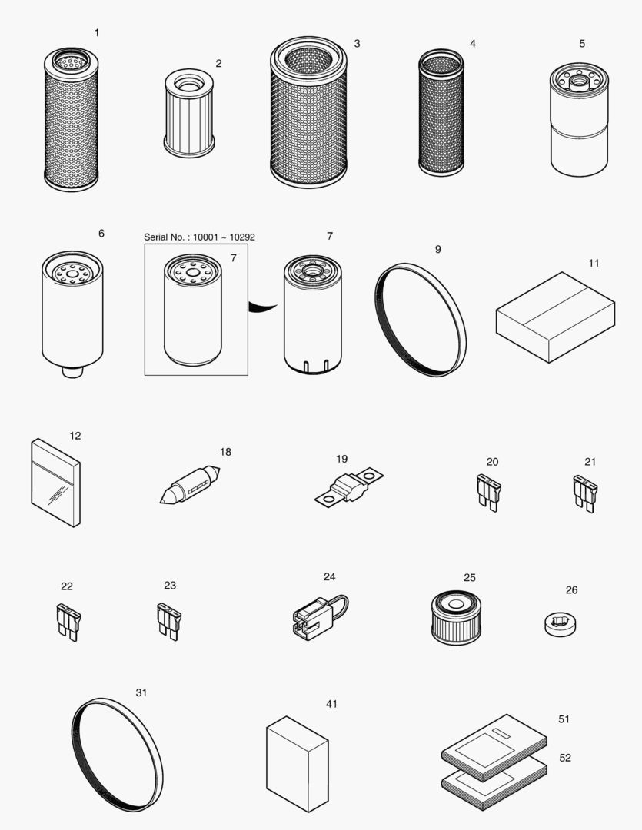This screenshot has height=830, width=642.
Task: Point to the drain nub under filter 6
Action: [x=71, y=371]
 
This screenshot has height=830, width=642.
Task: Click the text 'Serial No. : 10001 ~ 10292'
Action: [x=199, y=237]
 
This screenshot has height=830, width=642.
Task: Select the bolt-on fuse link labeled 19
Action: [x=349, y=489]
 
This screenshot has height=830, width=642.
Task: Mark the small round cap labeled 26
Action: [x=559, y=622]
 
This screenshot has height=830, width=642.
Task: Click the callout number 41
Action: [x=331, y=704]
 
